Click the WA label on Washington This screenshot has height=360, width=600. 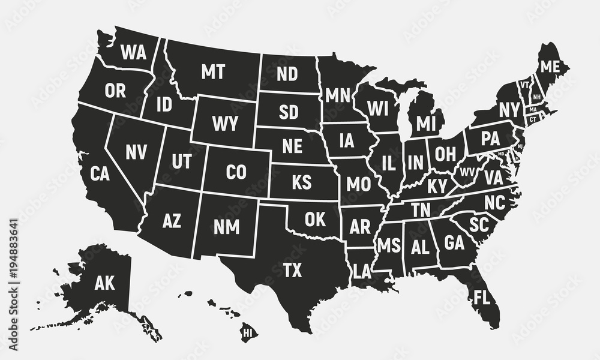[133, 53]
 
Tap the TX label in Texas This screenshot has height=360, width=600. [292, 271]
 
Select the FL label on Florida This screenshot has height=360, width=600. [481, 297]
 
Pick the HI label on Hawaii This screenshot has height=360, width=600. [247, 331]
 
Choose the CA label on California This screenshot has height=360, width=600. [100, 174]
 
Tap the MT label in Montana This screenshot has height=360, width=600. [212, 73]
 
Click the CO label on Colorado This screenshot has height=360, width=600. [236, 173]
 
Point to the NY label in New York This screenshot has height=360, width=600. [508, 110]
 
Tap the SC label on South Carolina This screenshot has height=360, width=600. [479, 224]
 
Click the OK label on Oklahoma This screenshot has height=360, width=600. [315, 219]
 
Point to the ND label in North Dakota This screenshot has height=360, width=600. [287, 74]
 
